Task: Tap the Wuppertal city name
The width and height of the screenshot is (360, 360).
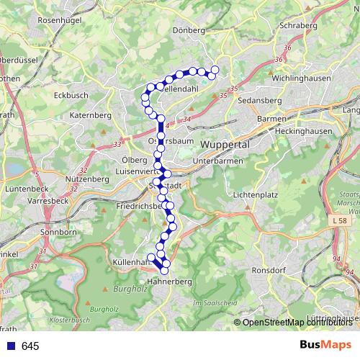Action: (x=225, y=144)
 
